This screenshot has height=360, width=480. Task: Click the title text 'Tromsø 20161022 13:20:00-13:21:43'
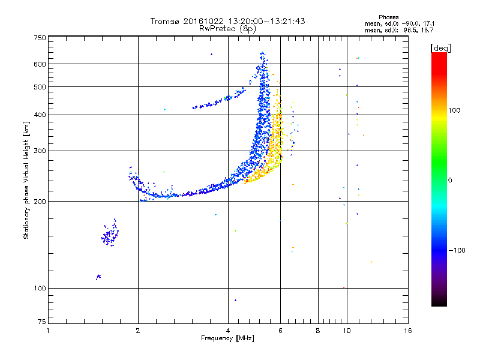click(227, 21)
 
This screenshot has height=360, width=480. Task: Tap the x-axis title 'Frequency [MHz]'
click(227, 338)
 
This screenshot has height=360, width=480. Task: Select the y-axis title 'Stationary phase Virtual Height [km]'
click(26, 180)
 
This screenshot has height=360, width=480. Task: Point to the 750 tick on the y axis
click(40, 37)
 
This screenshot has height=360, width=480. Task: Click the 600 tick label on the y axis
click(40, 64)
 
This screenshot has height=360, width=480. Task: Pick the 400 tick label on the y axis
click(40, 115)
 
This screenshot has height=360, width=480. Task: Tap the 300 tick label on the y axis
click(40, 151)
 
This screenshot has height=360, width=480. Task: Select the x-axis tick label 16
click(408, 331)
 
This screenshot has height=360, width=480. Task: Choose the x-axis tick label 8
click(318, 331)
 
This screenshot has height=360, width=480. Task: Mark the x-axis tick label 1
click(48, 331)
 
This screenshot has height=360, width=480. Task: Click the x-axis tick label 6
click(280, 331)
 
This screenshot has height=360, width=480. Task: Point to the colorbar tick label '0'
click(451, 180)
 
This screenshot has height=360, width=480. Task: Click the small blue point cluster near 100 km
click(98, 277)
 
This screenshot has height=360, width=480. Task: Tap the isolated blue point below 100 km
click(236, 300)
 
